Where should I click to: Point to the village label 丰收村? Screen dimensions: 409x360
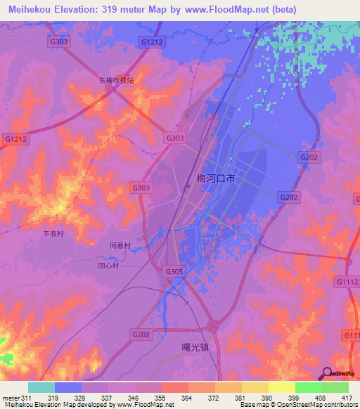[x=53, y=234]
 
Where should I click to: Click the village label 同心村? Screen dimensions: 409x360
[x=108, y=266]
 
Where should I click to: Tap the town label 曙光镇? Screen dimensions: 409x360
[x=190, y=346]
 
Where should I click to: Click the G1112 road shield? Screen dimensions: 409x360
[x=347, y=282]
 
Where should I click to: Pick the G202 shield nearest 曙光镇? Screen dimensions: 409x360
[x=141, y=335]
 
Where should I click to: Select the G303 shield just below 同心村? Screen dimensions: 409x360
[x=174, y=271]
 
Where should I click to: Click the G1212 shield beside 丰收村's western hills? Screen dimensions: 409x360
[x=15, y=139]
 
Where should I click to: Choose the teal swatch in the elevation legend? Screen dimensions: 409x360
[x=41, y=387]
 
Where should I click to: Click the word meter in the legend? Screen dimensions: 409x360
[x=11, y=397]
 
